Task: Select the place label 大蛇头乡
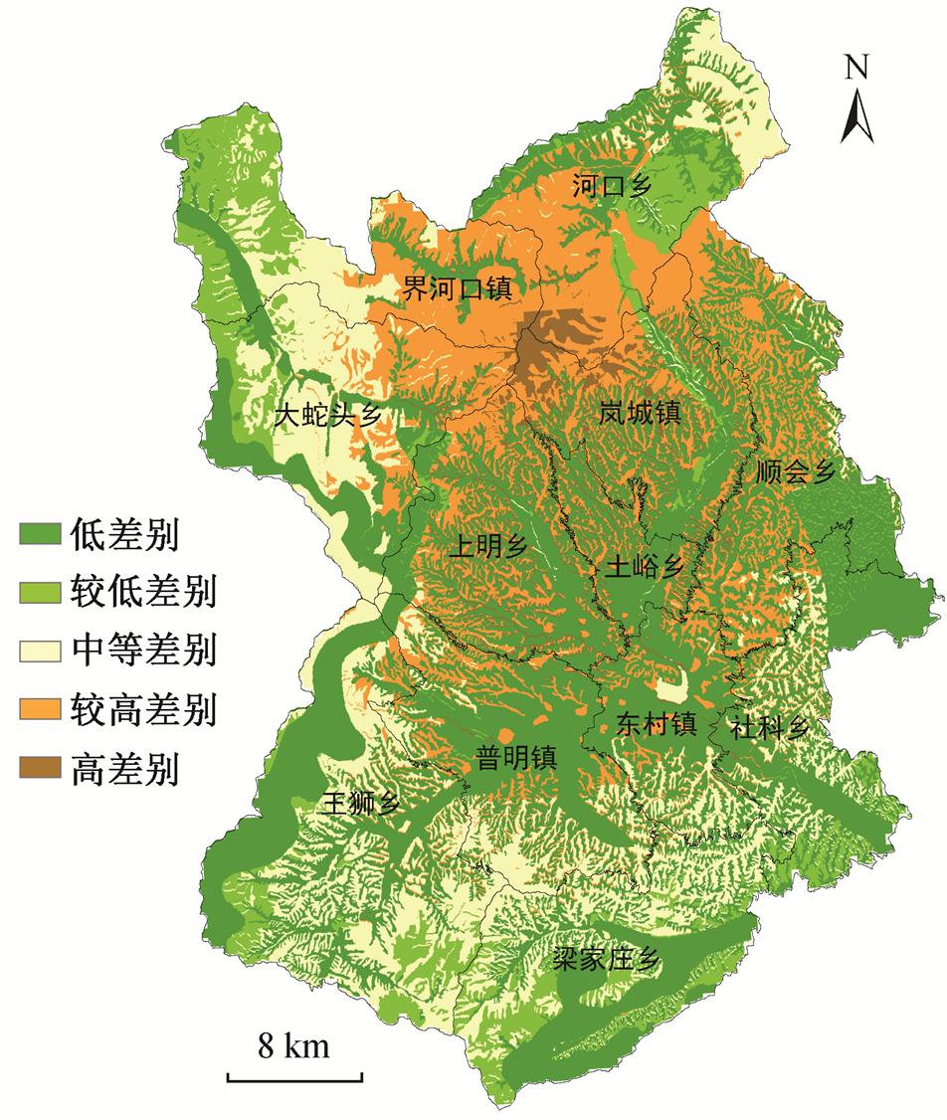click(327, 416)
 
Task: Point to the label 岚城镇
click(640, 412)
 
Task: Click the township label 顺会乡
click(793, 470)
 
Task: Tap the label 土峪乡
click(645, 567)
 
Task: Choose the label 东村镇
click(654, 723)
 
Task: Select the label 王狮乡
click(359, 804)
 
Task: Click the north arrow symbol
click(857, 113)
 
